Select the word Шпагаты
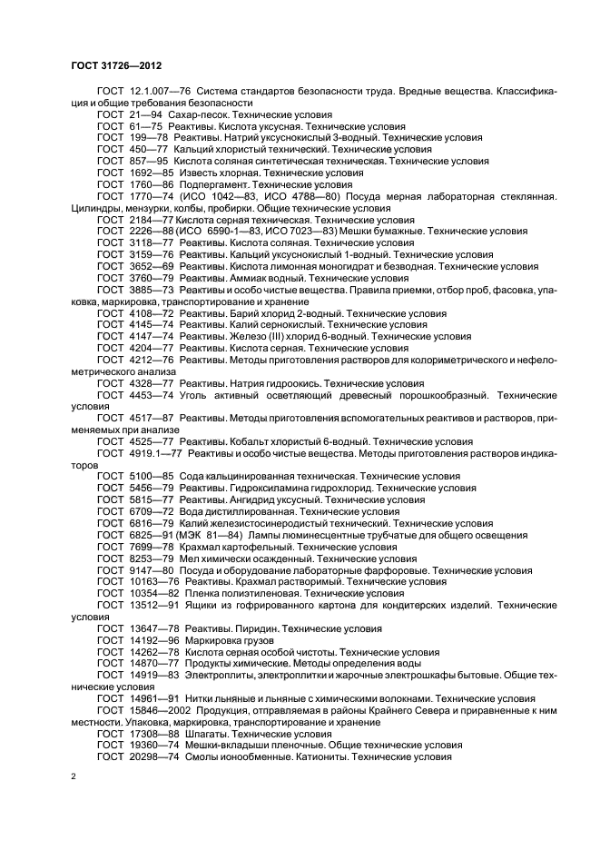click(x=204, y=733)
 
